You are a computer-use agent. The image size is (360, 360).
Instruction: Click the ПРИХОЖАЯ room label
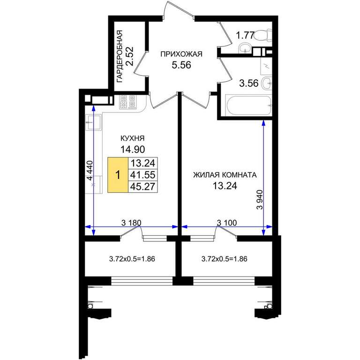click(x=181, y=54)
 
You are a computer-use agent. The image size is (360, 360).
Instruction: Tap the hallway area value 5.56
click(x=181, y=65)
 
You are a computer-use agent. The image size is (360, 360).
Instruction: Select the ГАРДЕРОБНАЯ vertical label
click(x=120, y=56)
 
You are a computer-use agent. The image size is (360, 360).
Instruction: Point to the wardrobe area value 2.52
click(x=130, y=56)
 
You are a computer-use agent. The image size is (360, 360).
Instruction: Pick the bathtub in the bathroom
click(x=248, y=106)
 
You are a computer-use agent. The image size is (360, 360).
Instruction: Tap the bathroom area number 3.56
click(x=249, y=83)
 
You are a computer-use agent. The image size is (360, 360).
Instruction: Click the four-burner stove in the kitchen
click(x=127, y=102)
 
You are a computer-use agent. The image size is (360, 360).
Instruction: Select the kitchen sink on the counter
click(x=93, y=122)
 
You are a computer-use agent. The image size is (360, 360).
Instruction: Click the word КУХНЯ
click(x=133, y=138)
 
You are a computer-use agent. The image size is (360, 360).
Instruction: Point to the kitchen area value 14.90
click(x=133, y=150)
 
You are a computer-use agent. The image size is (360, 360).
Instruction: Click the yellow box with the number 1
click(x=118, y=175)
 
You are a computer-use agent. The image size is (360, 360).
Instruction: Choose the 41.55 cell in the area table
click(x=142, y=175)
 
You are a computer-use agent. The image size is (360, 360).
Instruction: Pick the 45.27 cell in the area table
click(x=142, y=187)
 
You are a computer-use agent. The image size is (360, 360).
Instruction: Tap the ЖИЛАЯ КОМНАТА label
click(x=225, y=175)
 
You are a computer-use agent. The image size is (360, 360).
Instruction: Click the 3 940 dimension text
click(x=260, y=200)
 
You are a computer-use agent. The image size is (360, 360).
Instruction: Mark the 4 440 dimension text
click(x=90, y=170)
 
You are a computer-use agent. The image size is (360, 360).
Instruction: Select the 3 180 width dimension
click(x=131, y=223)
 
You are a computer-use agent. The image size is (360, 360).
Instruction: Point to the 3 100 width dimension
click(x=227, y=223)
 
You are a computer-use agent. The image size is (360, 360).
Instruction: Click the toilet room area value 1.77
click(x=245, y=36)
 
